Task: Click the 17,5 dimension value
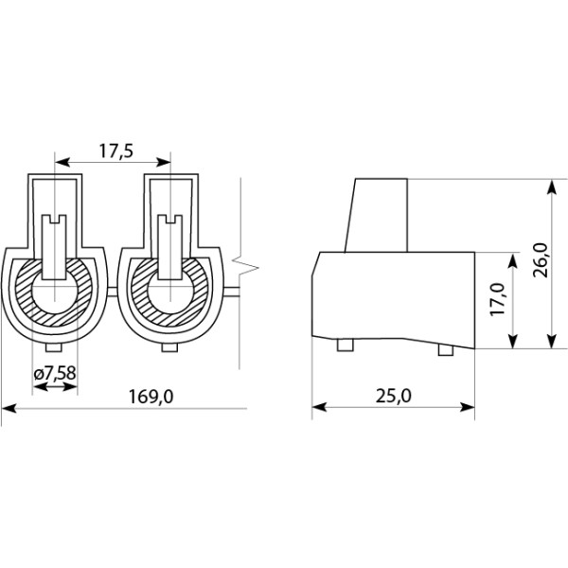(x=116, y=151)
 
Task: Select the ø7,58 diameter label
(x=55, y=372)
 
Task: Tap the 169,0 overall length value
(x=151, y=397)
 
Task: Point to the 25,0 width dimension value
(x=394, y=395)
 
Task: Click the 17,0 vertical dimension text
(x=497, y=299)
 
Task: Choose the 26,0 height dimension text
(x=541, y=260)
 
